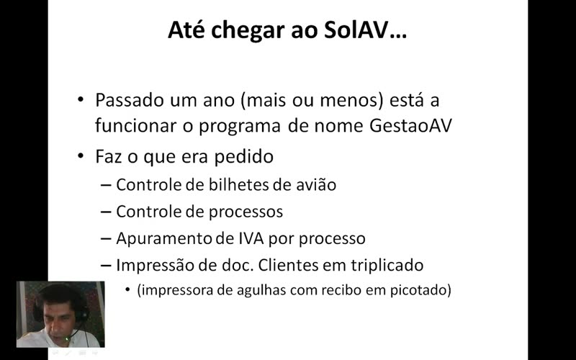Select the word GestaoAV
click(x=410, y=125)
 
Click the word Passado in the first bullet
click(x=130, y=100)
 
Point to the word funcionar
click(x=135, y=125)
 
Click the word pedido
click(x=244, y=156)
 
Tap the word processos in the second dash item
click(x=246, y=212)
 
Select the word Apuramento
click(x=164, y=239)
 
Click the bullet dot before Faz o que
click(x=81, y=156)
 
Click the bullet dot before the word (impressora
click(x=128, y=289)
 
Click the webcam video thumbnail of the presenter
click(x=60, y=315)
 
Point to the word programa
click(x=240, y=125)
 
